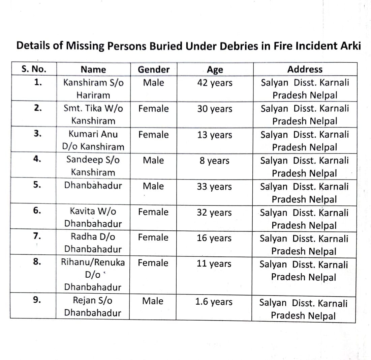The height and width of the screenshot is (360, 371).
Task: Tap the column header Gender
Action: pyautogui.click(x=154, y=70)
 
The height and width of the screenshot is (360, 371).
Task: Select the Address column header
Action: pyautogui.click(x=305, y=70)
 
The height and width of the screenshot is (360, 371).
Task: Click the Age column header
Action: pyautogui.click(x=215, y=70)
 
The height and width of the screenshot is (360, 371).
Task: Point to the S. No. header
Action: pyautogui.click(x=34, y=70)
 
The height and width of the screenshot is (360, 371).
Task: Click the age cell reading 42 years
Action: pyautogui.click(x=215, y=83)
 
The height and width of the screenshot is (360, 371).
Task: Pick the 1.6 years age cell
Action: pyautogui.click(x=214, y=302)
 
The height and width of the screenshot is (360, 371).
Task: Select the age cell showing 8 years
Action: pyautogui.click(x=214, y=161)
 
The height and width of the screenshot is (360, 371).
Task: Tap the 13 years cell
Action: pyautogui.click(x=215, y=135)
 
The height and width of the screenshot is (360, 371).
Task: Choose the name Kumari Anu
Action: pyautogui.click(x=93, y=134)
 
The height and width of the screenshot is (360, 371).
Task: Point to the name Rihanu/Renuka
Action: pyautogui.click(x=93, y=262)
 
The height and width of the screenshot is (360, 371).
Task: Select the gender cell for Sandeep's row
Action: pyautogui.click(x=153, y=160)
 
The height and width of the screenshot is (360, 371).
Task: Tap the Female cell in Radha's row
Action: pyautogui.click(x=153, y=237)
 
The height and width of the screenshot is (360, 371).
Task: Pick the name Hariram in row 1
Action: pyautogui.click(x=93, y=95)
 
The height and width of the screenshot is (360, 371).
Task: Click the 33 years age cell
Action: pyautogui.click(x=214, y=187)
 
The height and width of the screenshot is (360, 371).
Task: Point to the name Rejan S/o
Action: pyautogui.click(x=93, y=300)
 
